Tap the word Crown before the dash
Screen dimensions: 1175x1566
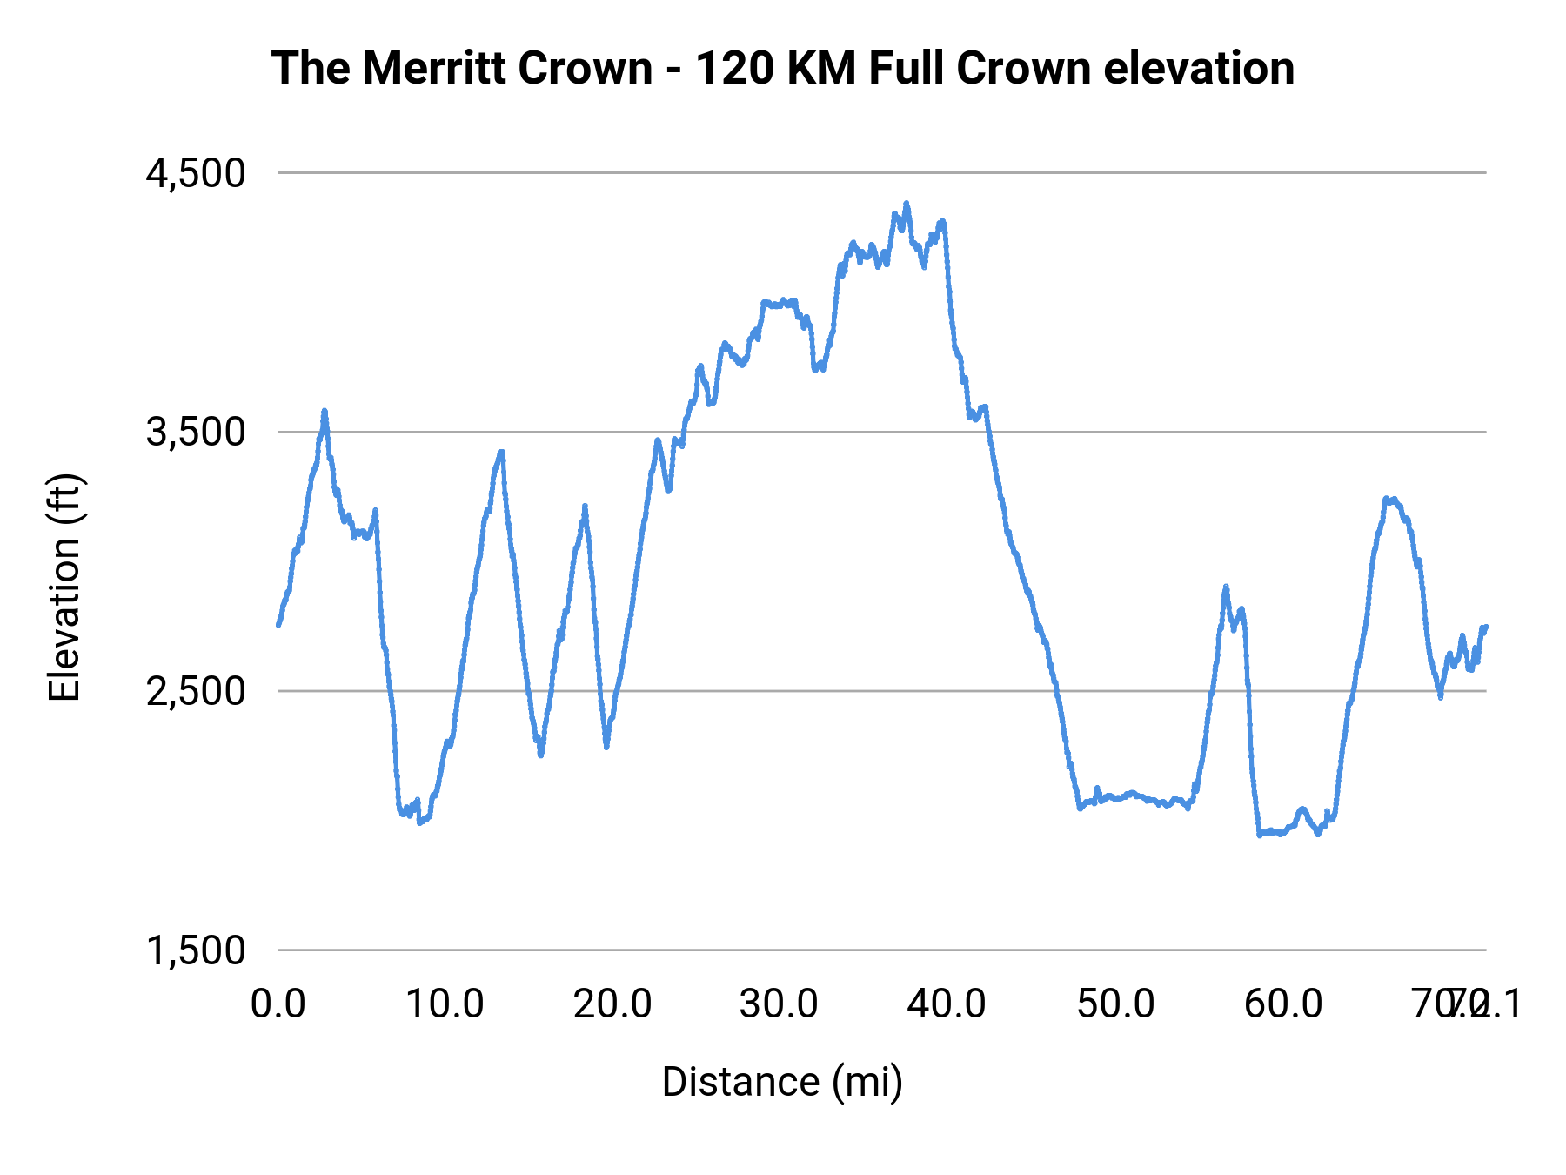[x=585, y=68]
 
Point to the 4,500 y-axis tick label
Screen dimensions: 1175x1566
[x=196, y=173]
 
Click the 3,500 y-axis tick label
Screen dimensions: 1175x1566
[x=196, y=432]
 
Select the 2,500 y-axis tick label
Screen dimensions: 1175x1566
[x=196, y=691]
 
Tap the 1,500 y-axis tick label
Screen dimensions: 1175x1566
[x=196, y=950]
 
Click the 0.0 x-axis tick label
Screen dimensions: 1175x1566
[x=278, y=1004]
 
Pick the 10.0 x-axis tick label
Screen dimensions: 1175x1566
[x=445, y=1004]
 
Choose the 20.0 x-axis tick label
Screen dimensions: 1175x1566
[x=612, y=1004]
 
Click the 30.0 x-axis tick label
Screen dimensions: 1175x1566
[x=780, y=1004]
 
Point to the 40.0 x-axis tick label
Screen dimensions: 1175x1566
[x=947, y=1004]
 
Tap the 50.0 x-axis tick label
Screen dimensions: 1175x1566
[x=1115, y=1004]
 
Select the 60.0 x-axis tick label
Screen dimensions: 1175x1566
[x=1283, y=1004]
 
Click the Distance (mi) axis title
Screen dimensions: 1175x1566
[x=782, y=1082]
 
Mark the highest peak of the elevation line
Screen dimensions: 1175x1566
[x=906, y=204]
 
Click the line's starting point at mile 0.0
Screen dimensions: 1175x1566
[x=278, y=624]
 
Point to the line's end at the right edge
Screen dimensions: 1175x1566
[x=1486, y=627]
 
